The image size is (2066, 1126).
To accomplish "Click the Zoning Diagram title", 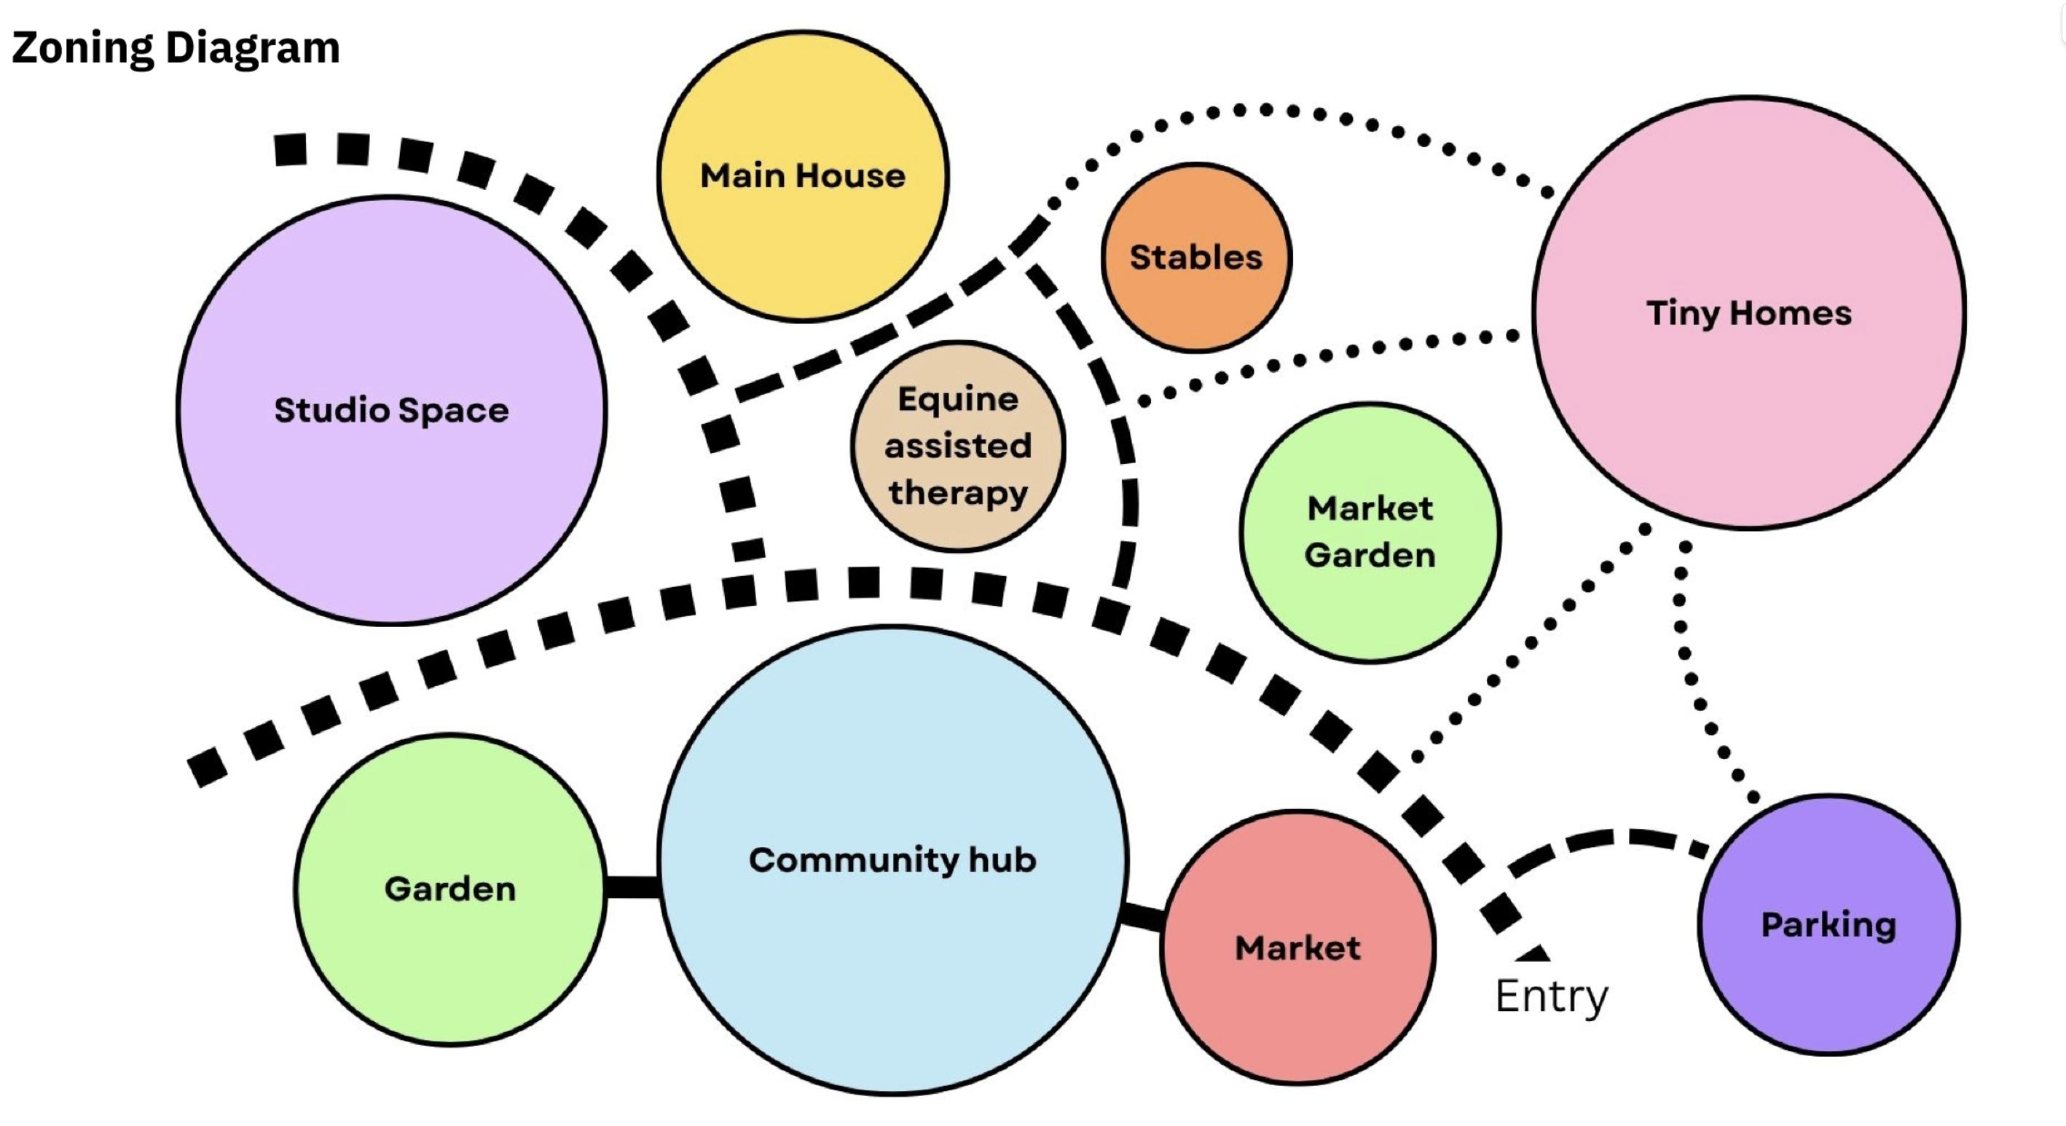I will pos(176,47).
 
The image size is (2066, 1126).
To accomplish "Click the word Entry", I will pos(1551,997).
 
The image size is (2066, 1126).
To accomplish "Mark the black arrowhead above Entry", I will pos(1533,953).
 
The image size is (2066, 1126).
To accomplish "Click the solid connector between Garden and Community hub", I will pos(632,887).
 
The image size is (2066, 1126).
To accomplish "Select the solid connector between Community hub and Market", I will pos(1143,916).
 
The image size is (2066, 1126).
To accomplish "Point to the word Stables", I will pos(1195,257).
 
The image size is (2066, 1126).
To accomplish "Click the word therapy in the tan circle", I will pos(959,492).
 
